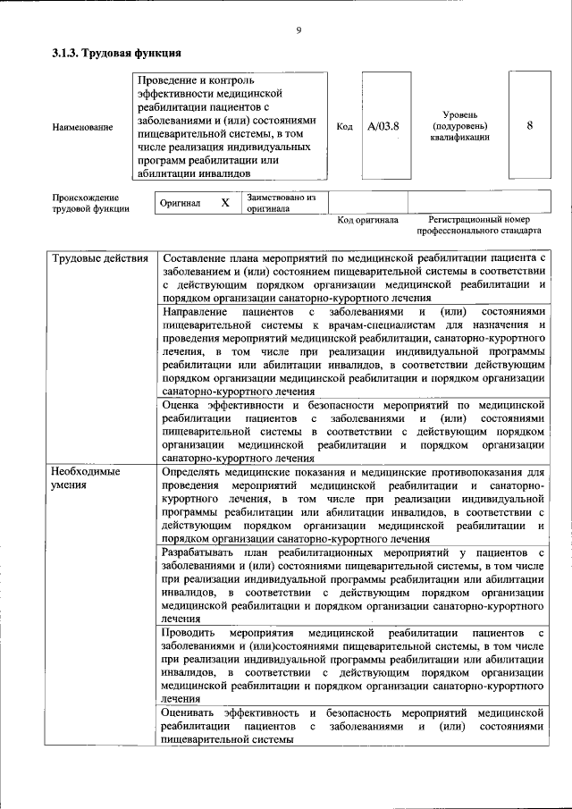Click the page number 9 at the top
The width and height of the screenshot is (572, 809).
click(298, 32)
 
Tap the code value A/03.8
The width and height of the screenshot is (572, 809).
click(383, 127)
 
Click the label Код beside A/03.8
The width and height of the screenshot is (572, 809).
click(344, 127)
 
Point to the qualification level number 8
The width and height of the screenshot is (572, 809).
click(529, 126)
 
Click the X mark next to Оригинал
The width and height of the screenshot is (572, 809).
click(225, 203)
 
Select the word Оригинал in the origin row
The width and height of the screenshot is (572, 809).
click(180, 203)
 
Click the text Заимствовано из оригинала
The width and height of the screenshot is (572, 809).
click(276, 202)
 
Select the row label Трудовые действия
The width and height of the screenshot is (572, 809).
click(100, 259)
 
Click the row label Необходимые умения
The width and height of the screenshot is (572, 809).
click(84, 477)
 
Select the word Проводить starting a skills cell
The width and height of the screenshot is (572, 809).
click(189, 633)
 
